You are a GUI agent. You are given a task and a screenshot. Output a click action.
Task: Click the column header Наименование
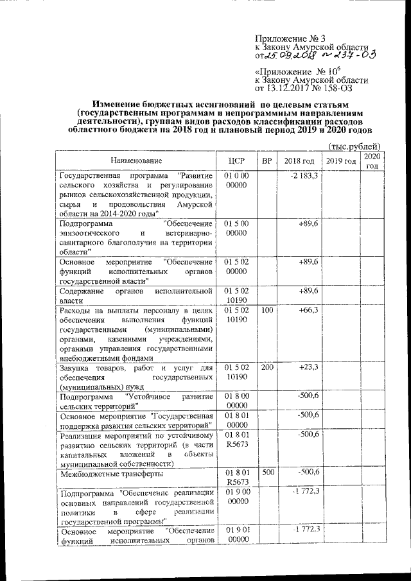pyautogui.click(x=135, y=160)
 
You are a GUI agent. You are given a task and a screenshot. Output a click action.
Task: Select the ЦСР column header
pyautogui.click(x=237, y=160)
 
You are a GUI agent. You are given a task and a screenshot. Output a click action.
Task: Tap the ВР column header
pyautogui.click(x=267, y=160)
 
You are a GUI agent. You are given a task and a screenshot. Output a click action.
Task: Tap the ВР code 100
pyautogui.click(x=267, y=309)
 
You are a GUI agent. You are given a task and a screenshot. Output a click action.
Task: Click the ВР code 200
pyautogui.click(x=267, y=367)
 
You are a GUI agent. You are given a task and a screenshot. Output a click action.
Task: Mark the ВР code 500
pyautogui.click(x=267, y=473)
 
